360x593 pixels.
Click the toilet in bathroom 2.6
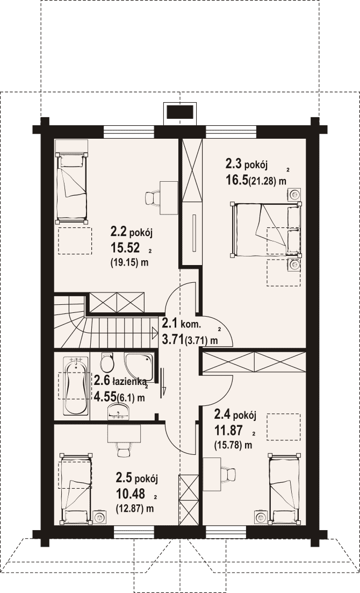click(107, 362)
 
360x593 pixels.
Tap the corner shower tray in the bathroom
click(139, 367)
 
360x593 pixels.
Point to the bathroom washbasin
click(119, 411)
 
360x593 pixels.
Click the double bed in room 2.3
click(267, 230)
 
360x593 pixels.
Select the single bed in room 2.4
click(285, 489)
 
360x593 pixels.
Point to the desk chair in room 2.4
click(228, 474)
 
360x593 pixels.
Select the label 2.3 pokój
click(247, 164)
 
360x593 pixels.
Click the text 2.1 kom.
click(182, 324)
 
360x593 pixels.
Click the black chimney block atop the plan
click(180, 113)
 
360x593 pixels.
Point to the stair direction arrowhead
click(155, 333)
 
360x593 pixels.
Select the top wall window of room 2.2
click(129, 132)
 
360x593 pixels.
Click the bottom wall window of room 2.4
click(226, 532)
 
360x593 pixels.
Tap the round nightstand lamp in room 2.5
click(100, 517)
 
